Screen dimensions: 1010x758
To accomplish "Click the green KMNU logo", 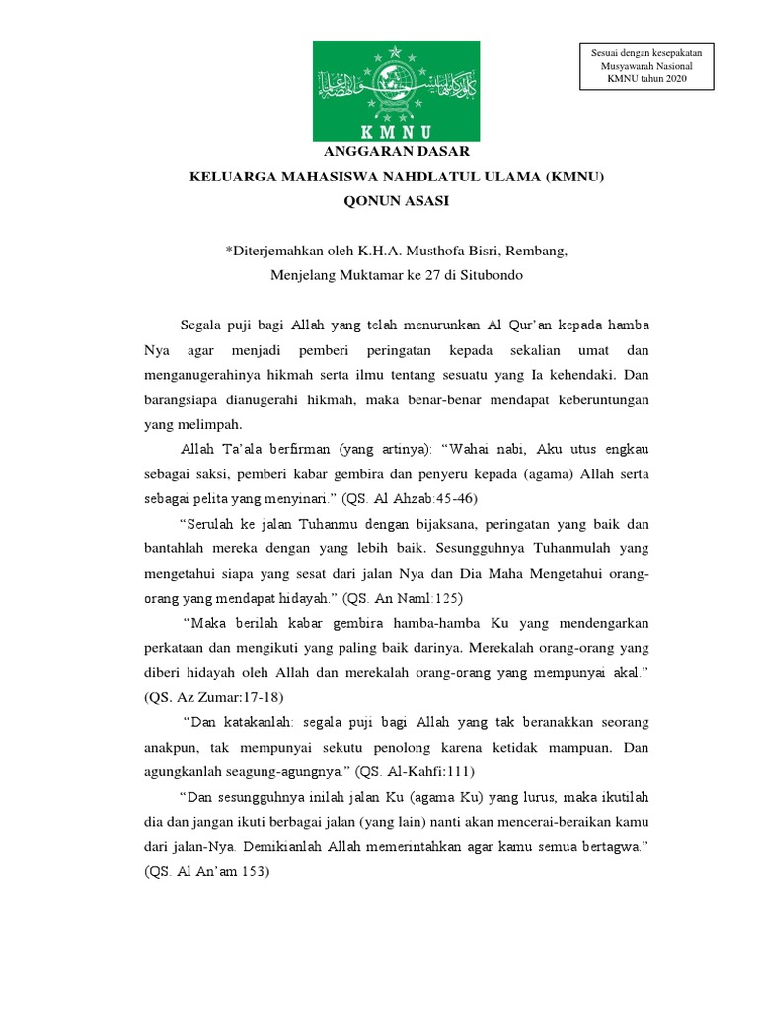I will coord(397,91).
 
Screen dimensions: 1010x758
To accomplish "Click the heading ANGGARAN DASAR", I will coord(397,151).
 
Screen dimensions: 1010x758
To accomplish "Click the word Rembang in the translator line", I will coord(540,252).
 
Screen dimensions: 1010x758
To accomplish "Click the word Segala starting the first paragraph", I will coord(203,325).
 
